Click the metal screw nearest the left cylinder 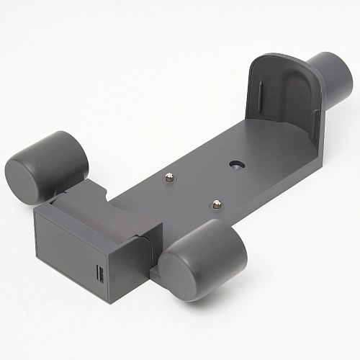[x=171, y=177]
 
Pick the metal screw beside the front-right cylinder [x=214, y=206]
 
